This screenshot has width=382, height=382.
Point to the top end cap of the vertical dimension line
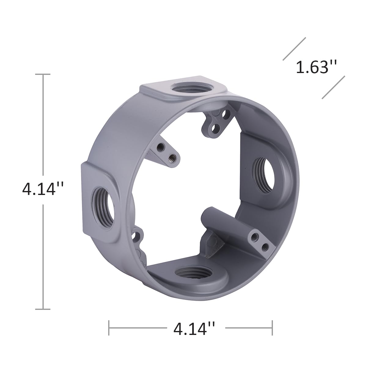pos(43,74)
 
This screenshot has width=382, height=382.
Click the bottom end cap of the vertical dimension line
pos(43,309)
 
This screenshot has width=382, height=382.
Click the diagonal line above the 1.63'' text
pos(294,49)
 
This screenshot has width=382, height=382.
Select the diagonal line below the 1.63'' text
pos(333,87)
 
